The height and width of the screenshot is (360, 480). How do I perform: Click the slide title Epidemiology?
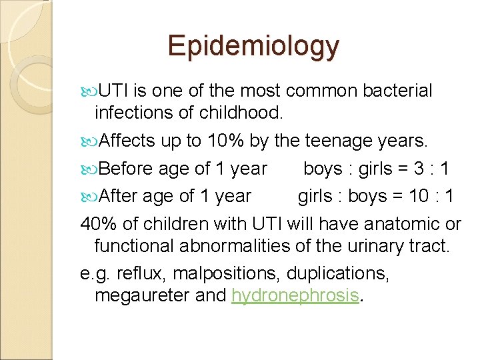[253, 46]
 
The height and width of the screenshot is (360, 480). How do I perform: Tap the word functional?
[134, 247]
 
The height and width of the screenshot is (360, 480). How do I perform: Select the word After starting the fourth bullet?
[119, 196]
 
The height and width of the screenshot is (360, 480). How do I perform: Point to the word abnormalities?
[235, 247]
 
